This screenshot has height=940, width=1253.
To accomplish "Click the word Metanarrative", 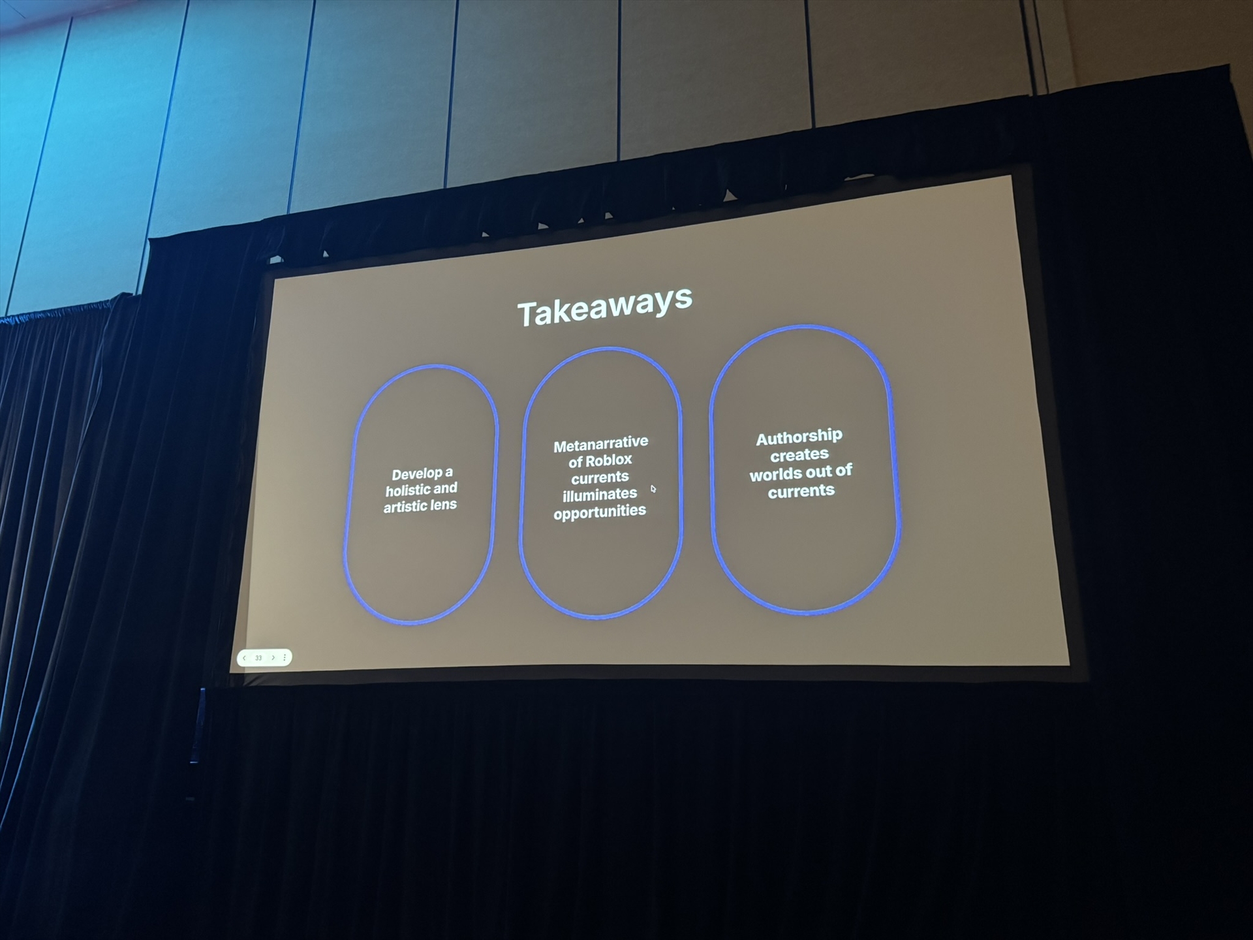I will pyautogui.click(x=600, y=444).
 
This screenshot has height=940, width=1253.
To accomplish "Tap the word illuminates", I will pyautogui.click(x=600, y=494).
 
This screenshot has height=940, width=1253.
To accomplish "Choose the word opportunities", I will pyautogui.click(x=600, y=512).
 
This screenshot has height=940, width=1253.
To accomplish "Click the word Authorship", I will pyautogui.click(x=799, y=437).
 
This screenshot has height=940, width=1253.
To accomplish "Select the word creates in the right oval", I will pyautogui.click(x=799, y=454).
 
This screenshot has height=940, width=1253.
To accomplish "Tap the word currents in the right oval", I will pyautogui.click(x=801, y=491).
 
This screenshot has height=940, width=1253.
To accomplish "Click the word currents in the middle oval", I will pyautogui.click(x=600, y=477).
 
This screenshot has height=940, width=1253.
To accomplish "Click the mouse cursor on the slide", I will pyautogui.click(x=653, y=488).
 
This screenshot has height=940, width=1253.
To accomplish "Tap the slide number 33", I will pyautogui.click(x=258, y=658).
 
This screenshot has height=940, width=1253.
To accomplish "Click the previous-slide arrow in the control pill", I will pyautogui.click(x=244, y=658).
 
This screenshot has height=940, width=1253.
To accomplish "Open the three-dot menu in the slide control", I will pyautogui.click(x=285, y=657).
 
